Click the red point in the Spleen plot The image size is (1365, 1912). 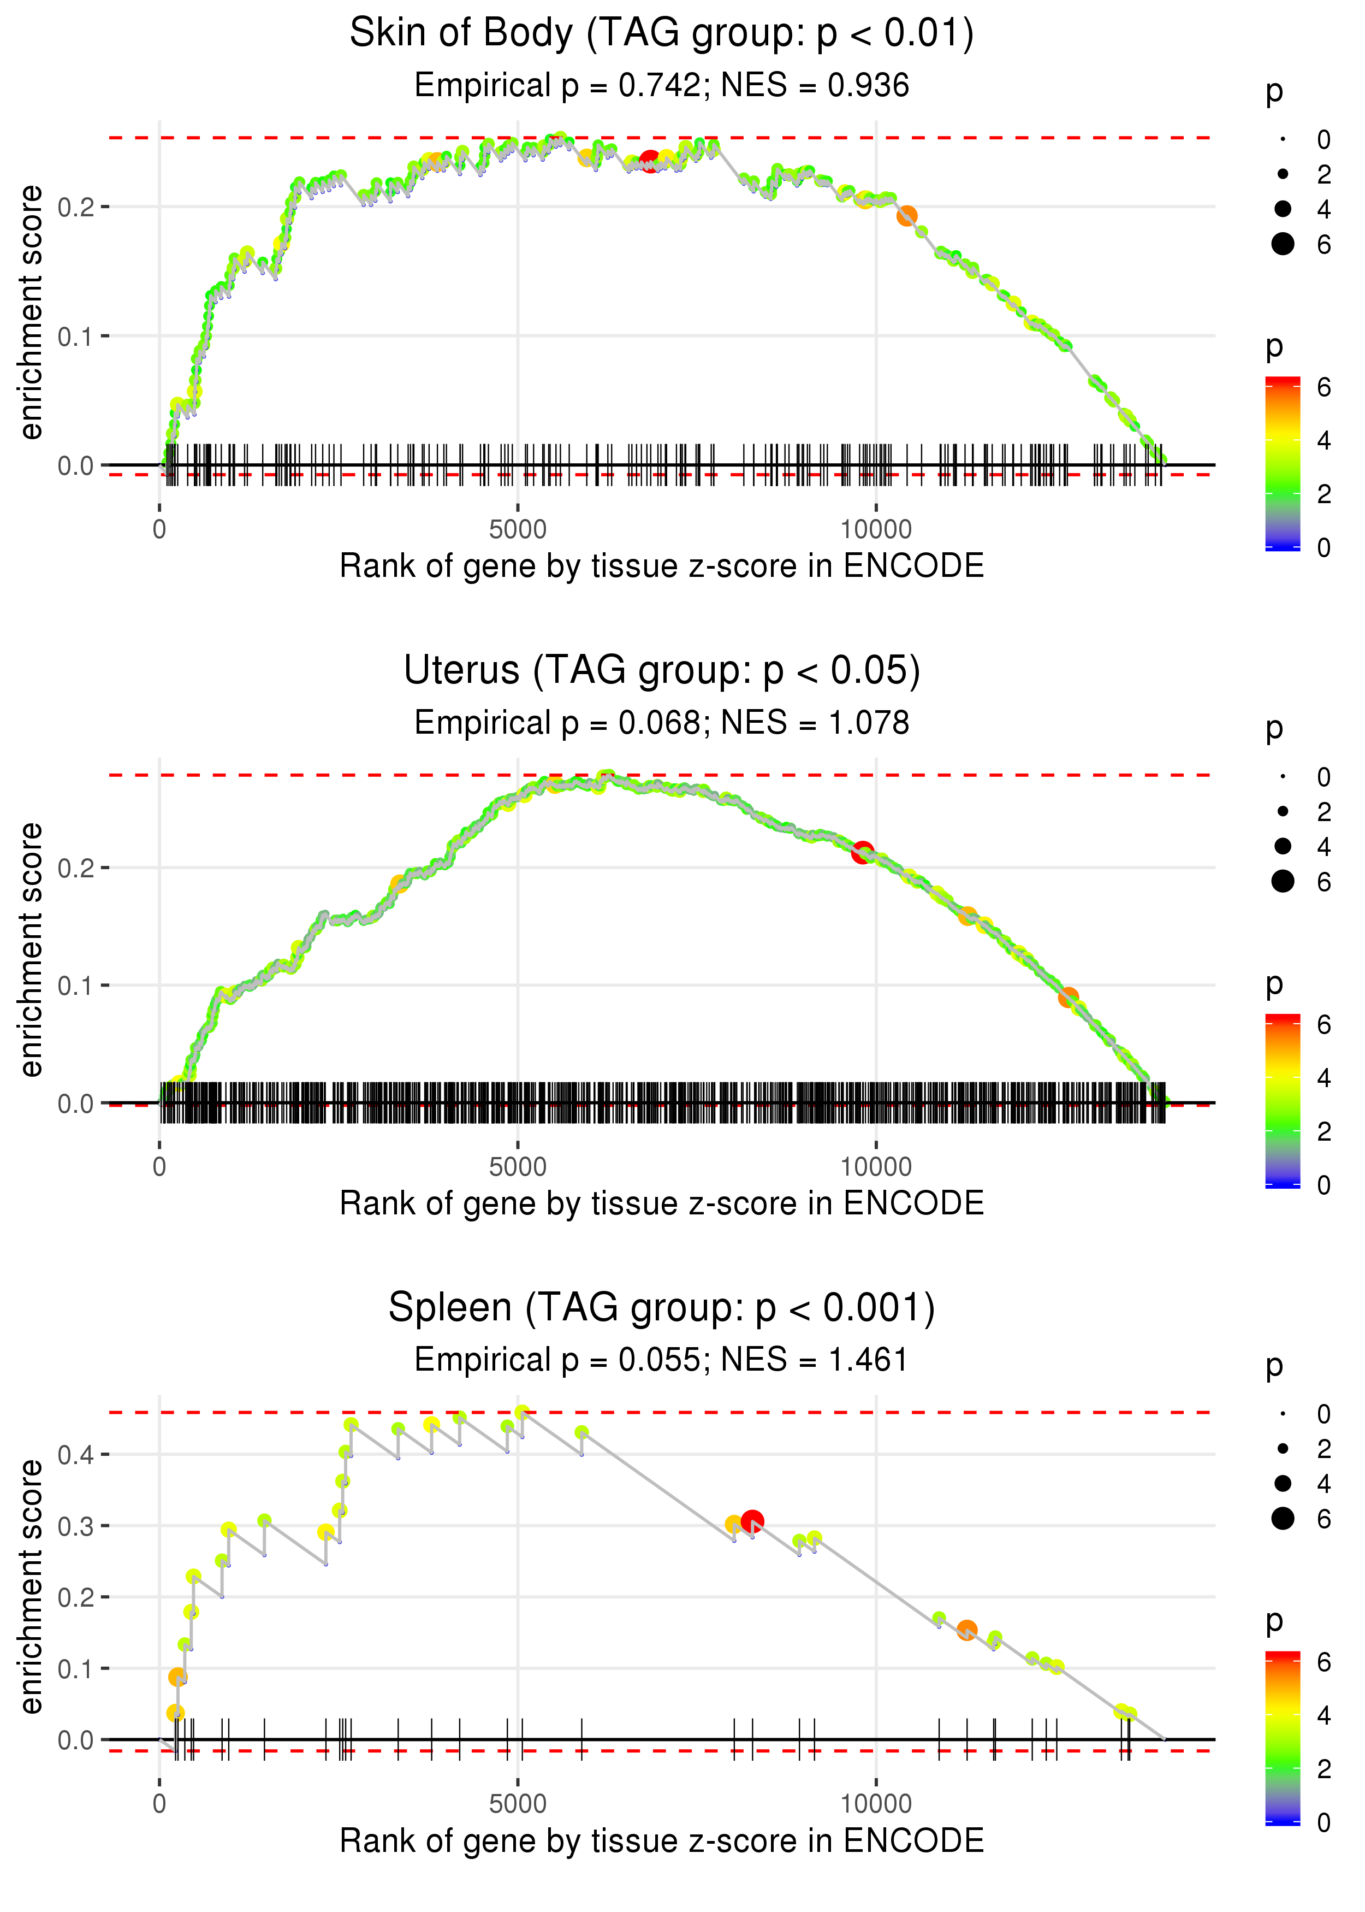[x=752, y=1521]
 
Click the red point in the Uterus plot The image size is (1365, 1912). [x=862, y=853]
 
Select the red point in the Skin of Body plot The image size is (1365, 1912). [x=650, y=162]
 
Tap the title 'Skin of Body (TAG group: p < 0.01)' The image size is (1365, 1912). [x=662, y=34]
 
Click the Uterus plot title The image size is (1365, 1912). [x=662, y=671]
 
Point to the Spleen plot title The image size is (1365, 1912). [x=662, y=1308]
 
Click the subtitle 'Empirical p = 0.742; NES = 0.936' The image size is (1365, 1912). [x=662, y=86]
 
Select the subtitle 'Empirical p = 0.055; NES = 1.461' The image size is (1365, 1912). [x=662, y=1360]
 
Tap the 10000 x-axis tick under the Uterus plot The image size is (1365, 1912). [x=876, y=1167]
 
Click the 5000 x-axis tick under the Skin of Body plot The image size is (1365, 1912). [x=518, y=530]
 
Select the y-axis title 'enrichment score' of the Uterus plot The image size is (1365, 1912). [x=31, y=950]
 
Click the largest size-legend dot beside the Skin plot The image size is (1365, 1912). [x=1283, y=244]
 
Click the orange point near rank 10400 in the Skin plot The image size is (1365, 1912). [x=906, y=216]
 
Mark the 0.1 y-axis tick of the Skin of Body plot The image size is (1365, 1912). [x=76, y=337]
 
